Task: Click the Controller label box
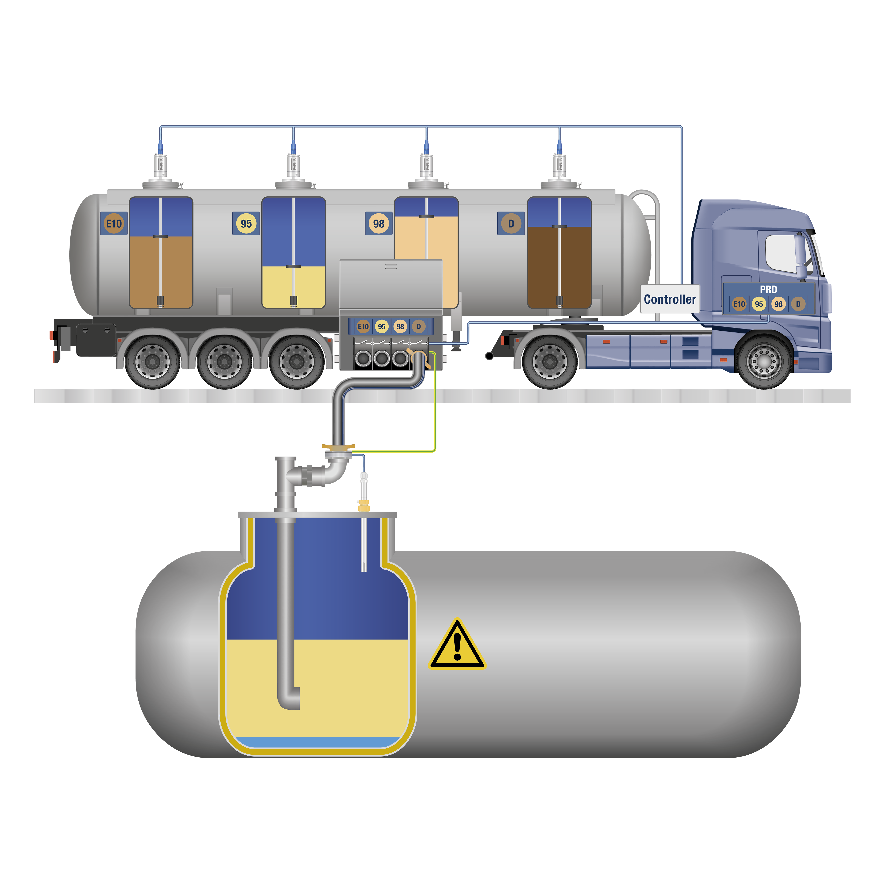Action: (670, 299)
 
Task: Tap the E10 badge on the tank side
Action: (114, 224)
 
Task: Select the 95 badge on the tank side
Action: (246, 224)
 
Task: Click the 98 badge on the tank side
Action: (378, 224)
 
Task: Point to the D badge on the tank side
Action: (511, 224)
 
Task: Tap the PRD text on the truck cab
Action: (768, 290)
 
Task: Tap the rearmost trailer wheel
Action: (151, 361)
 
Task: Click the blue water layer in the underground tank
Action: (316, 742)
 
